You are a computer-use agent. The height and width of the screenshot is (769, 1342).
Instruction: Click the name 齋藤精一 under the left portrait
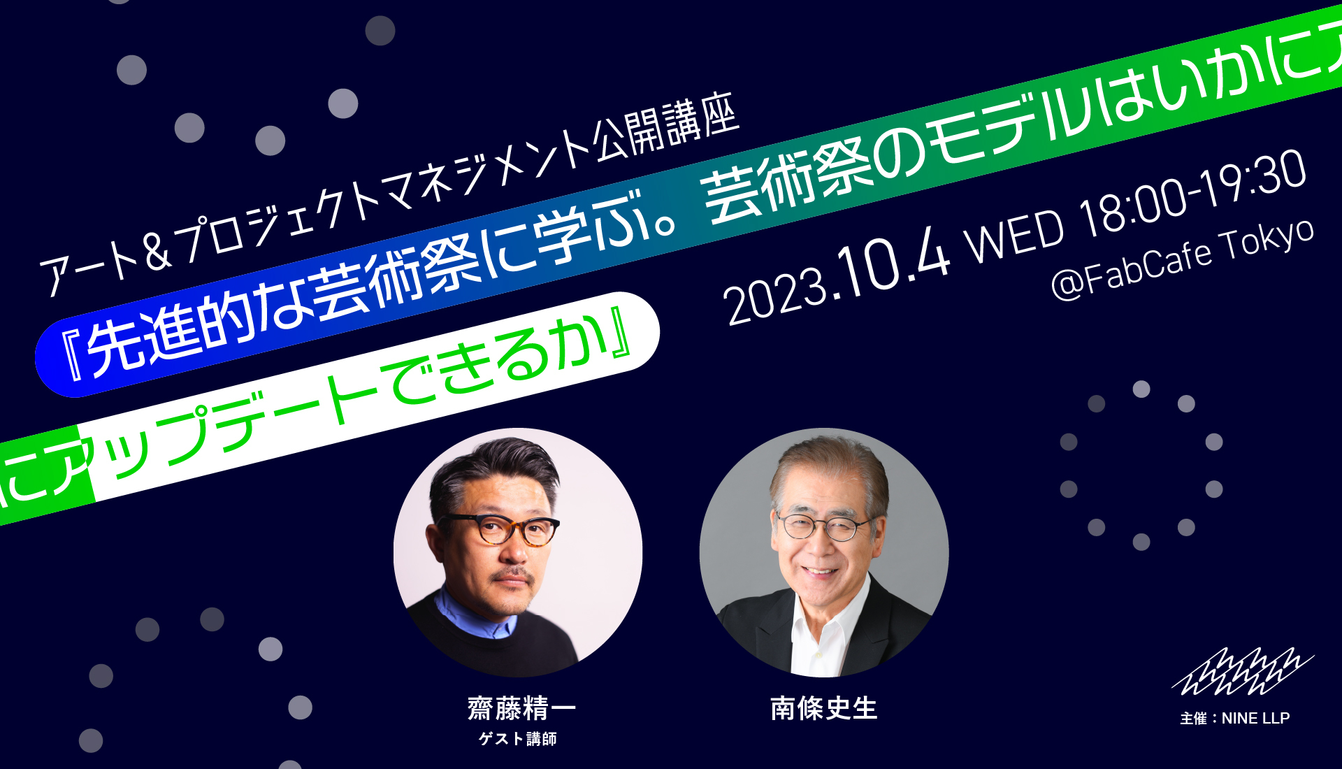pos(521,708)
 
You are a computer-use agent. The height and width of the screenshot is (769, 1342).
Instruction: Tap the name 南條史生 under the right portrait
pos(823,708)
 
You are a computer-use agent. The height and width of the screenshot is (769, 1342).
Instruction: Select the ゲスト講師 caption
pos(518,739)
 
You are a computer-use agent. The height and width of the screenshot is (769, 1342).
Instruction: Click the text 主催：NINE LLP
pos(1235,718)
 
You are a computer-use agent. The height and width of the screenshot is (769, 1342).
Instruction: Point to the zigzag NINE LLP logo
pos(1243,673)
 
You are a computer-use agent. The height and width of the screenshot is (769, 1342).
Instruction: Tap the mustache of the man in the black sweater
pos(514,575)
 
